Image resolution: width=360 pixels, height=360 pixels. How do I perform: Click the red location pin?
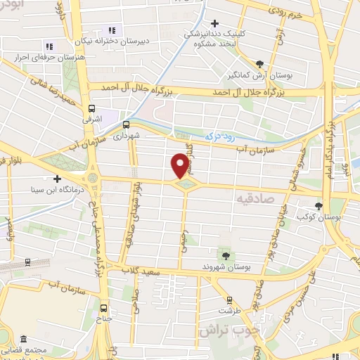[x=180, y=165]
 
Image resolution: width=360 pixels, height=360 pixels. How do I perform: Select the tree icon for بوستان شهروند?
[x=225, y=256]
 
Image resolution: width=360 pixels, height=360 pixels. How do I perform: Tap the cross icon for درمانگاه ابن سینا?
[x=57, y=179]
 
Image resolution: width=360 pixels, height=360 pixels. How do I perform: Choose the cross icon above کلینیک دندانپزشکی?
[x=214, y=23]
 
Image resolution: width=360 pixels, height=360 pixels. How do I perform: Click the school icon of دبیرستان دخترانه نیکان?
[x=111, y=30]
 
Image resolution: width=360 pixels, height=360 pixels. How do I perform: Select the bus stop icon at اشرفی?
[x=91, y=109]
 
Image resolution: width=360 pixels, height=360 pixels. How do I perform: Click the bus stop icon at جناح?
[x=104, y=308]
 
